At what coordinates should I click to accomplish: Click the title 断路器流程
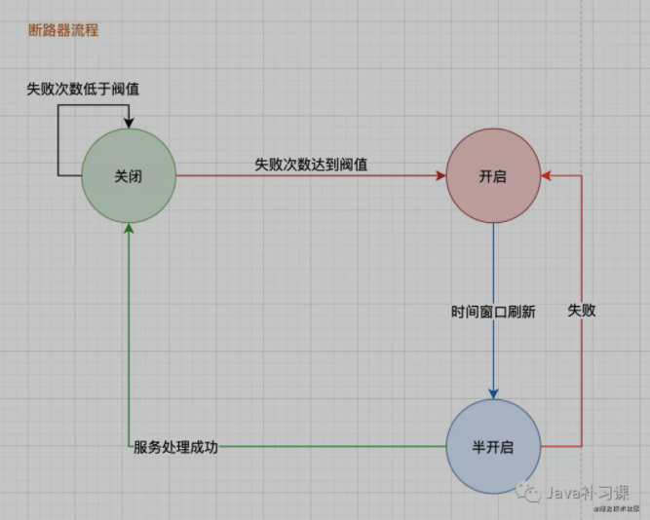[x=63, y=31]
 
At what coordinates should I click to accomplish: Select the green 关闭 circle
[x=129, y=176]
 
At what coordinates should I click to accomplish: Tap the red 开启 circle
[x=492, y=176]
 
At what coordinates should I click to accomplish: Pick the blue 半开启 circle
[x=492, y=446]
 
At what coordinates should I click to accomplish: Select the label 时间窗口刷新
[x=493, y=312]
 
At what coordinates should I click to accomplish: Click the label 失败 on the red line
[x=582, y=312]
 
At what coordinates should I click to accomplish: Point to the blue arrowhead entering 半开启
[x=493, y=392]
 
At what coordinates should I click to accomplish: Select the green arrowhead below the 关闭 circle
[x=129, y=229]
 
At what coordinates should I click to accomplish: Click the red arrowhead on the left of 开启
[x=440, y=176]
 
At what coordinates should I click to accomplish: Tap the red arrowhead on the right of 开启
[x=546, y=176]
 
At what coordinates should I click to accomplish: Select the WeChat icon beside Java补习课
[x=531, y=494]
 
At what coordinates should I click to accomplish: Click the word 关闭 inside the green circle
[x=129, y=176]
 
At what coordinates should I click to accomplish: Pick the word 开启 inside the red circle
[x=492, y=176]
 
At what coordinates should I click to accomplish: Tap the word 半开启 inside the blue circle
[x=492, y=446]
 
